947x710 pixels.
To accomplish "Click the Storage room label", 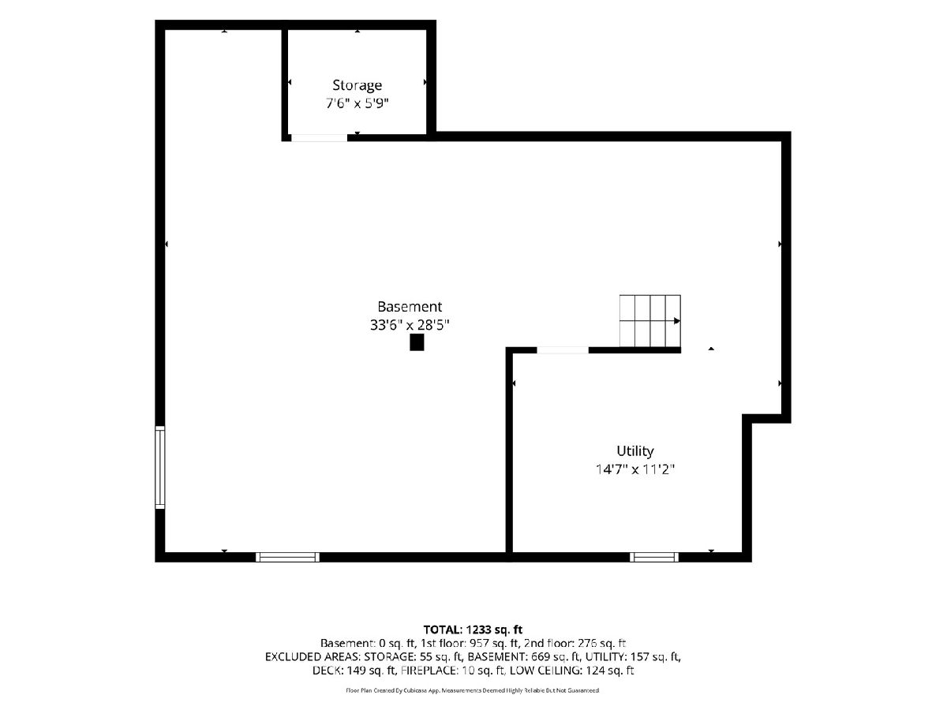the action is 357,85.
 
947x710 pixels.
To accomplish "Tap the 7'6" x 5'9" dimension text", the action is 357,103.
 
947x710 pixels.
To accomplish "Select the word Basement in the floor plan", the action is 410,307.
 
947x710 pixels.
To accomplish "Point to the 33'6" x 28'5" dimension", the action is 410,325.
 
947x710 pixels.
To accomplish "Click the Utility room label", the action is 635,451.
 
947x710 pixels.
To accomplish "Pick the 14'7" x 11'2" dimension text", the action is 635,469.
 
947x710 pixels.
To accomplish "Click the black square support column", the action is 417,342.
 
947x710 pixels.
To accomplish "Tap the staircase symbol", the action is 650,321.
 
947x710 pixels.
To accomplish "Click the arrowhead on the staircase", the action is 677,321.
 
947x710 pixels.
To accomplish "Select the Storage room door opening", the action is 320,138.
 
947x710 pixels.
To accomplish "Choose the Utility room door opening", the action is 563,350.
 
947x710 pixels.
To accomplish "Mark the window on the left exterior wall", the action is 159,467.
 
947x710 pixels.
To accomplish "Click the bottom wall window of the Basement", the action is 288,558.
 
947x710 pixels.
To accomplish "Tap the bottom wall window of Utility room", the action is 654,558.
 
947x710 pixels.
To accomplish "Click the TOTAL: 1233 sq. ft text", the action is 473,630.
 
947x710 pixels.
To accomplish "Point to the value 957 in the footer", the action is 480,643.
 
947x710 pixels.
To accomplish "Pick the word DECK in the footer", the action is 326,671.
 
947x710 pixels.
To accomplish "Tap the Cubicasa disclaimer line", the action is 473,690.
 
